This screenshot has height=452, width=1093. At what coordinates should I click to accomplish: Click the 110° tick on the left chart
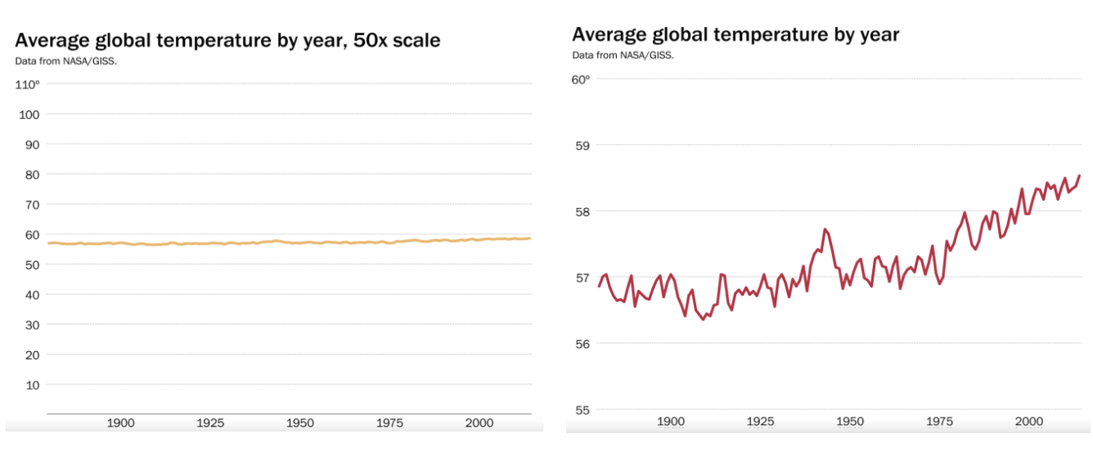coord(27,84)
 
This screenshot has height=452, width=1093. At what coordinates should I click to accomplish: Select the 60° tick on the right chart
coord(580,79)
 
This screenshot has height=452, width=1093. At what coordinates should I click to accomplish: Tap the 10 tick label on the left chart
coord(34,385)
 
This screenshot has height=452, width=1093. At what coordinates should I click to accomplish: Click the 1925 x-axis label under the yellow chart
coord(210,423)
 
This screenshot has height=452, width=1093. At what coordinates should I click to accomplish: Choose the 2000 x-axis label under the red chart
coord(1028,421)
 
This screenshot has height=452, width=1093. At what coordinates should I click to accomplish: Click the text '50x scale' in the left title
coord(395,40)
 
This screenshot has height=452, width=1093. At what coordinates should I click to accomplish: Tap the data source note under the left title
coord(66,60)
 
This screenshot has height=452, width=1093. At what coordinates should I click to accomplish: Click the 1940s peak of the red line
coord(825,229)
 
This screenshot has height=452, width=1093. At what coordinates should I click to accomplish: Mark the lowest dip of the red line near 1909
coord(702,319)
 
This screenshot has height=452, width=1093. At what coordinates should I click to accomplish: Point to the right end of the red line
coord(1079,175)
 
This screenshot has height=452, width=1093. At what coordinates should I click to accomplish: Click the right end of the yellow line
coord(529,238)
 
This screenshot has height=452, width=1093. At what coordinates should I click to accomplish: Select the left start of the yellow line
coord(48,243)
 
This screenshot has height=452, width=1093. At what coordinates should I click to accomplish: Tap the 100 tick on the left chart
coord(30,115)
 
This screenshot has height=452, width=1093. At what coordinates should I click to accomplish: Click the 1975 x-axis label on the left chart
coord(389,423)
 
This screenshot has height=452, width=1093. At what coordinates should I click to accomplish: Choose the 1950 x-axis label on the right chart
coord(850,421)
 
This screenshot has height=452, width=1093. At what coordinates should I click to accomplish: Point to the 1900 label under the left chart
coord(120,423)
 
